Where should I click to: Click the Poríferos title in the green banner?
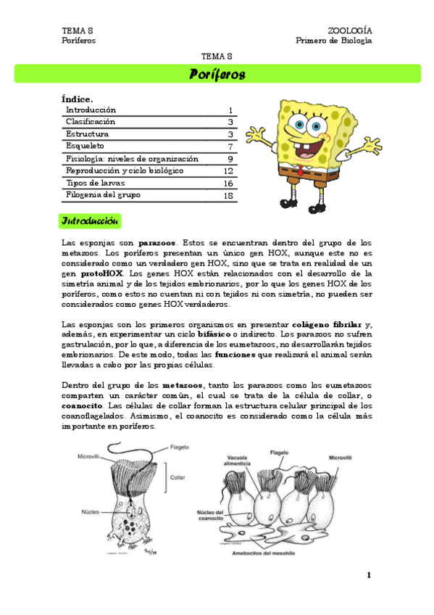(x=217, y=74)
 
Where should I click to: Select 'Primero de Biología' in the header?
(x=333, y=41)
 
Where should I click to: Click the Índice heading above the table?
(x=78, y=99)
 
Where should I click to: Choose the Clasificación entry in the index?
(x=91, y=122)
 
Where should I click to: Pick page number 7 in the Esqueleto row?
(x=230, y=146)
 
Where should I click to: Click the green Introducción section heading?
(x=91, y=220)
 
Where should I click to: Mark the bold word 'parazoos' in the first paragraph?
(x=157, y=242)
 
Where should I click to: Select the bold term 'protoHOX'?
(x=101, y=273)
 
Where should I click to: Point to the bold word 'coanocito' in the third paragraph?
(x=82, y=405)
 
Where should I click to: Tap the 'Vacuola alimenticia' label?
(x=238, y=462)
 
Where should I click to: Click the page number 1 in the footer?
(x=369, y=575)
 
